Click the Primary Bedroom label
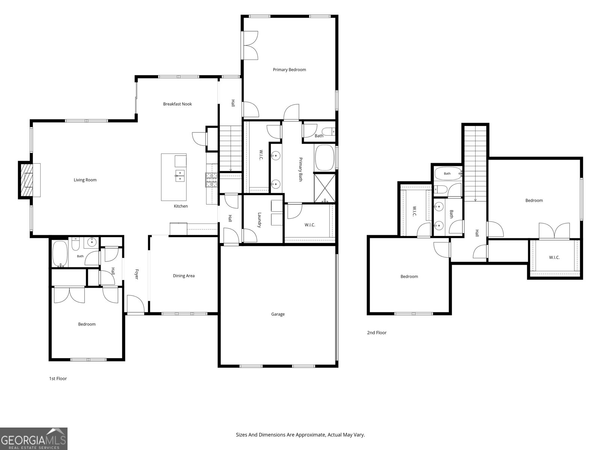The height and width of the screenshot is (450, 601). click(289, 70)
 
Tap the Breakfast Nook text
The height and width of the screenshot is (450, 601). click(177, 104)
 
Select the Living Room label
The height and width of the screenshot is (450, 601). click(85, 180)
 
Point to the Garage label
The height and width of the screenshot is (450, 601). click(278, 314)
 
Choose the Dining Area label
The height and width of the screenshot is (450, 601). click(184, 276)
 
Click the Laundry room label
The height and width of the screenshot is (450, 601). click(260, 220)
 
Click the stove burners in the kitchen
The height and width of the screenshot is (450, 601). click(211, 180)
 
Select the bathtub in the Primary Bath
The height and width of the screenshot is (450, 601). click(325, 158)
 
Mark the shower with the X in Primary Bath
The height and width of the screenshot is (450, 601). click(325, 188)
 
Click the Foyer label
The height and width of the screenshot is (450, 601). click(137, 274)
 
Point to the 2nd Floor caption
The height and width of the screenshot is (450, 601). click(377, 333)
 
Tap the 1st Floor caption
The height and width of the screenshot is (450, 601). click(58, 378)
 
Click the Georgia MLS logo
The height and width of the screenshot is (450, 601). click(34, 438)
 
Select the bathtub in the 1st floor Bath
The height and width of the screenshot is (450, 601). click(60, 254)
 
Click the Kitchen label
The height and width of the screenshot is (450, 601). click(181, 206)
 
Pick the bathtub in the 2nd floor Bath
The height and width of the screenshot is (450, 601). click(447, 174)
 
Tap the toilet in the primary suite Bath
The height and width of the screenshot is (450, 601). click(328, 132)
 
